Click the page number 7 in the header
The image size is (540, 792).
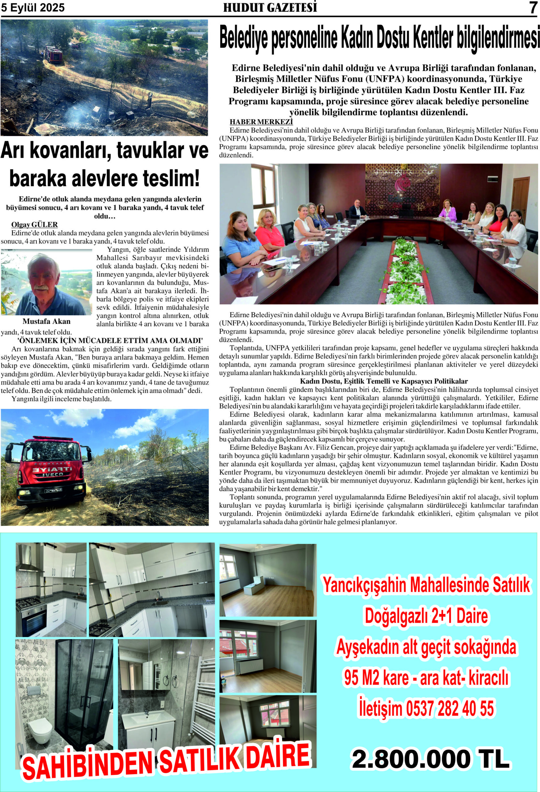pyautogui.click(x=533, y=8)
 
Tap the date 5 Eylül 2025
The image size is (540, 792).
pyautogui.click(x=33, y=8)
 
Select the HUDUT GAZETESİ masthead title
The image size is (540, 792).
pyautogui.click(x=270, y=8)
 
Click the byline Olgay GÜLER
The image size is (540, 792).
pyautogui.click(x=34, y=225)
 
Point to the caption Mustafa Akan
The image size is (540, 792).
pyautogui.click(x=46, y=321)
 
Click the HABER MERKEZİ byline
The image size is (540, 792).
pyautogui.click(x=261, y=122)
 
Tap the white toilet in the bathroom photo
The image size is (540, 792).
pyautogui.click(x=41, y=730)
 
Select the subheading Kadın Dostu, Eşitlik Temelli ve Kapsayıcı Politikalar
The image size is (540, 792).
pyautogui.click(x=383, y=381)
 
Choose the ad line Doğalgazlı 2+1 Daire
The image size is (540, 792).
pyautogui.click(x=426, y=616)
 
